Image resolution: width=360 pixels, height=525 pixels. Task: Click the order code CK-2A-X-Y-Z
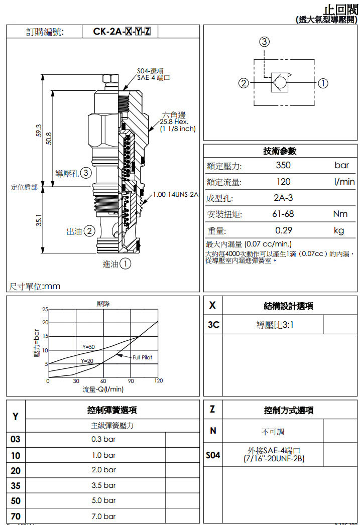(x=122, y=32)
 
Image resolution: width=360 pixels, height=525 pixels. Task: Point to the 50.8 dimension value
(x=49, y=138)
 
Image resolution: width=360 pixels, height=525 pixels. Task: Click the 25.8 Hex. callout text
(x=174, y=121)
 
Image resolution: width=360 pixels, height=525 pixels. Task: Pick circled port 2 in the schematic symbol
(x=244, y=83)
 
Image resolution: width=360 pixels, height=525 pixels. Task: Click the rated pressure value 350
(x=283, y=165)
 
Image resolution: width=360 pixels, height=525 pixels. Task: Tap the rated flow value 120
(x=283, y=182)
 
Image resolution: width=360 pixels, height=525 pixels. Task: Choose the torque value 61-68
(x=283, y=214)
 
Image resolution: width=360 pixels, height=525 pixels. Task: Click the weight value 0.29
(x=283, y=230)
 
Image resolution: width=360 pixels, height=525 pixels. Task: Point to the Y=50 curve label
(x=88, y=347)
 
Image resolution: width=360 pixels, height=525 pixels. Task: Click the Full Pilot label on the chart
(x=142, y=357)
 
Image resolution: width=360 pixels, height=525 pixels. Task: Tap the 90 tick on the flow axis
(x=131, y=381)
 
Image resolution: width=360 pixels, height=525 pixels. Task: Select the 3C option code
(x=213, y=325)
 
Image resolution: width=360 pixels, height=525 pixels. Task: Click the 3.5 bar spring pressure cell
(x=103, y=485)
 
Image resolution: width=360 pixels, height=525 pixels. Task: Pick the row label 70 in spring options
(x=16, y=516)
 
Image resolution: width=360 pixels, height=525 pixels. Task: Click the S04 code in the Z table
(x=213, y=455)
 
